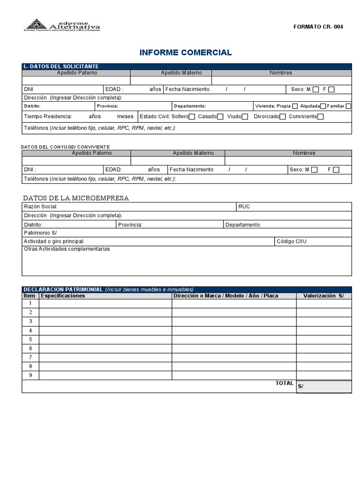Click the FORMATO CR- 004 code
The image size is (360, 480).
tap(318, 27)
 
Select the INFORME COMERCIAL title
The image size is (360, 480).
tap(186, 52)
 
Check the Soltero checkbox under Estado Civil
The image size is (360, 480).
tap(192, 117)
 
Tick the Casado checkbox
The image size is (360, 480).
tap(221, 117)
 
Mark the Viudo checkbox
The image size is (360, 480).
tap(246, 117)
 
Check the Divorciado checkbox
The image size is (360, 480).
tap(283, 117)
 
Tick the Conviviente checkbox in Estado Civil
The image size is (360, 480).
tap(321, 117)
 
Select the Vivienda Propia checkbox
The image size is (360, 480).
tap(295, 106)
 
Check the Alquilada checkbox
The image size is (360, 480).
tap(323, 106)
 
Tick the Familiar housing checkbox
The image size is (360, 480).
tap(348, 106)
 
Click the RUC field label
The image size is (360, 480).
tap(244, 207)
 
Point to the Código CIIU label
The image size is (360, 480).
tap(292, 241)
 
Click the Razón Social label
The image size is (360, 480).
tap(40, 207)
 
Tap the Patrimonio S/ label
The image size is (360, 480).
tap(40, 233)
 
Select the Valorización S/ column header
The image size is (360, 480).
tap(323, 296)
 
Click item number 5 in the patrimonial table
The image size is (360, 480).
tap(30, 339)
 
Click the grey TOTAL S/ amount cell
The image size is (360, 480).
tap(324, 386)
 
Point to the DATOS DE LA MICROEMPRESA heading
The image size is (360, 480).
tap(76, 198)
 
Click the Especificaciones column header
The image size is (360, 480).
tap(63, 296)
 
